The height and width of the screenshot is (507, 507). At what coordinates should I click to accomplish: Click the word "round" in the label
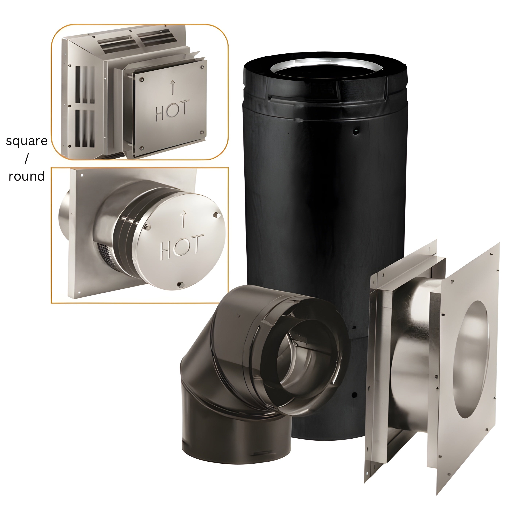(26, 176)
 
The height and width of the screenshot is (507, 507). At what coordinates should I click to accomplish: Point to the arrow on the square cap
(172, 87)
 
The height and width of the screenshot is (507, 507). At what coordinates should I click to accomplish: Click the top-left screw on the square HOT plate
(142, 79)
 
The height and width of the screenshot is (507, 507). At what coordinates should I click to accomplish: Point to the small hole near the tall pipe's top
(356, 130)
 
